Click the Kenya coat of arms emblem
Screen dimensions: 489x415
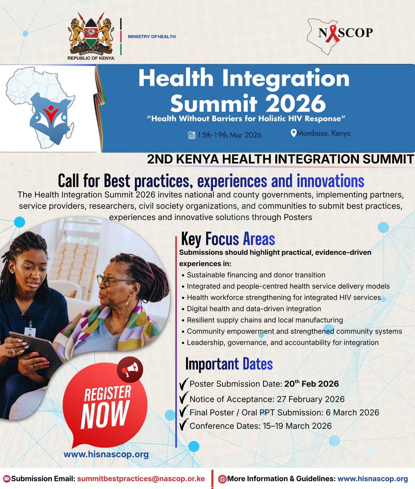click(91, 36)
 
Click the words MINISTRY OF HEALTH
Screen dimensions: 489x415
click(152, 37)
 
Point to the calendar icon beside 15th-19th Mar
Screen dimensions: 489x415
click(191, 135)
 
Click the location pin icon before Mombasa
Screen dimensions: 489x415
click(293, 133)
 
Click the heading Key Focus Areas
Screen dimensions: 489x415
click(228, 238)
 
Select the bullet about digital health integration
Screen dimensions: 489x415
click(254, 309)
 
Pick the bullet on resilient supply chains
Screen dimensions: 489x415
click(265, 320)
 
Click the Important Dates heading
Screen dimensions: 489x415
click(229, 363)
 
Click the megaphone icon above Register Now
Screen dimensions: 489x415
click(131, 370)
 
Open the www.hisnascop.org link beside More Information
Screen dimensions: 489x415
click(373, 478)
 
